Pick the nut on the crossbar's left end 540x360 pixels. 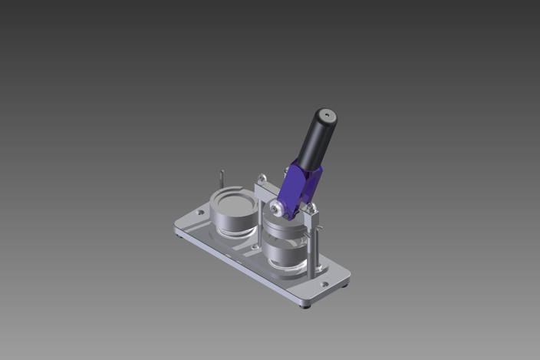261,178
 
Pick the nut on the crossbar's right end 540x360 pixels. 311,206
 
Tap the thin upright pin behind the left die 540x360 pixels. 221,179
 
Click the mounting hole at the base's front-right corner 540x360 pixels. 324,284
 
